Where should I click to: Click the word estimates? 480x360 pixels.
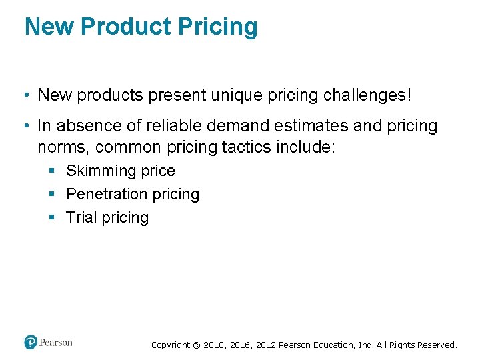305,126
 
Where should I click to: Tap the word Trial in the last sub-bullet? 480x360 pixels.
81,218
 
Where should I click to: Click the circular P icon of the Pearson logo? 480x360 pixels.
31,343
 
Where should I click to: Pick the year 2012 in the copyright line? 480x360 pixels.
263,345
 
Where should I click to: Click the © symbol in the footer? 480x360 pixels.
196,345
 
